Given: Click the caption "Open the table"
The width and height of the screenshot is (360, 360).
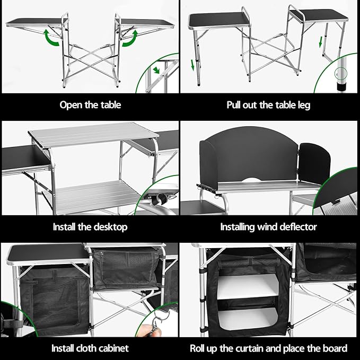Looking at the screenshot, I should [x=90, y=104].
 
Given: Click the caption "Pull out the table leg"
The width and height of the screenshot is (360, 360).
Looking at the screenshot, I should [x=268, y=104].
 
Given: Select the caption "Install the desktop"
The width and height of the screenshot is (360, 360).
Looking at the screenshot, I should [x=90, y=227].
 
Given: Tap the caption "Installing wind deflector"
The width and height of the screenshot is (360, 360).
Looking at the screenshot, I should [x=268, y=227].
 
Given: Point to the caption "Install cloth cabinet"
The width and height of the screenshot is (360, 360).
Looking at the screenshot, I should [x=90, y=348].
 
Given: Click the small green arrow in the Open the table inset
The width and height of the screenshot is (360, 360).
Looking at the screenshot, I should [x=156, y=70].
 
